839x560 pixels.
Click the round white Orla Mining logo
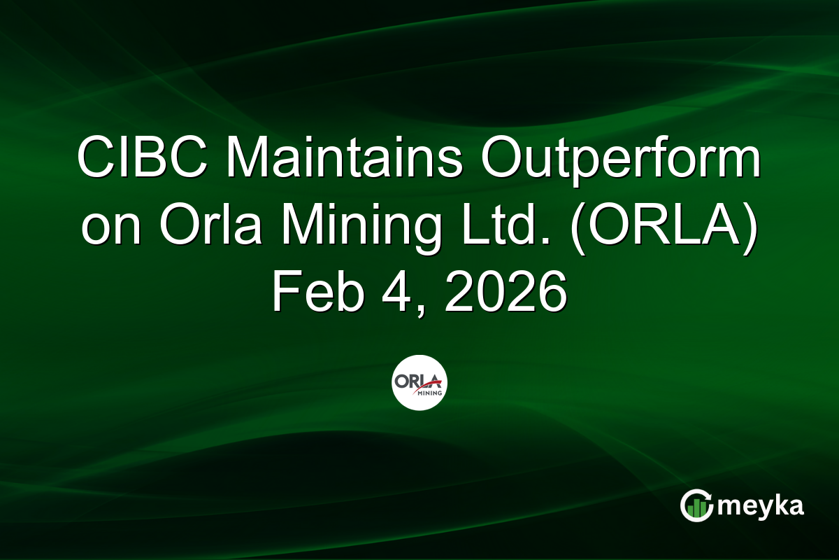[x=419, y=383]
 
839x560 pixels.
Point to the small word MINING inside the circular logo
[x=427, y=393]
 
